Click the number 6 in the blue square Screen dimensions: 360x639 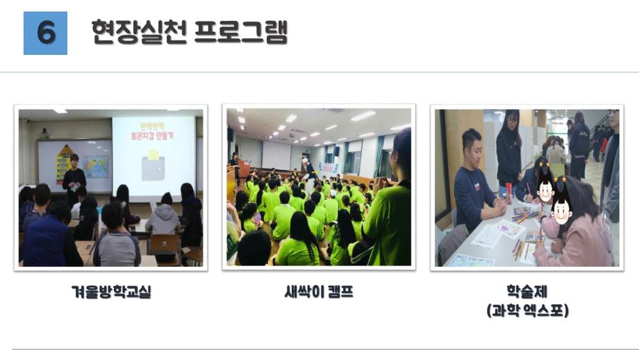click(x=45, y=33)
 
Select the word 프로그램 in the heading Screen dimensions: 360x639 click(x=240, y=32)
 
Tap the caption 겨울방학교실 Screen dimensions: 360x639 click(x=111, y=293)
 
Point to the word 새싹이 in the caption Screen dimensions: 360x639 click(x=301, y=293)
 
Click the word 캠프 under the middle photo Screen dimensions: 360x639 click(x=339, y=293)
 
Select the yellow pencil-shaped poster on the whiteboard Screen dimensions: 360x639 click(x=64, y=162)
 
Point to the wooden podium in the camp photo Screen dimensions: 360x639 click(x=244, y=170)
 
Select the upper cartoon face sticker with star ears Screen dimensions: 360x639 click(x=545, y=183)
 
